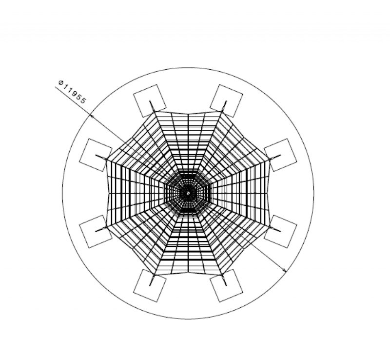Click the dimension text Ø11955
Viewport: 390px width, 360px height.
pos(72,92)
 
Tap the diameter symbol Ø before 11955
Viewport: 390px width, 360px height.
pos(60,82)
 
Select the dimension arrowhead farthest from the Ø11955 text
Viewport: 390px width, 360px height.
pos(284,270)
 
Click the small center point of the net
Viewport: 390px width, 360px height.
pos(188,193)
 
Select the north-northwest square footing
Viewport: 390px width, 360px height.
pos(150,101)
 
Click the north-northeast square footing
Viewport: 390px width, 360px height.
pos(226,101)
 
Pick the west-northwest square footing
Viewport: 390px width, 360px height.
pos(96,155)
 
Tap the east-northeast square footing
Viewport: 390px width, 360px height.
pos(280,155)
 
